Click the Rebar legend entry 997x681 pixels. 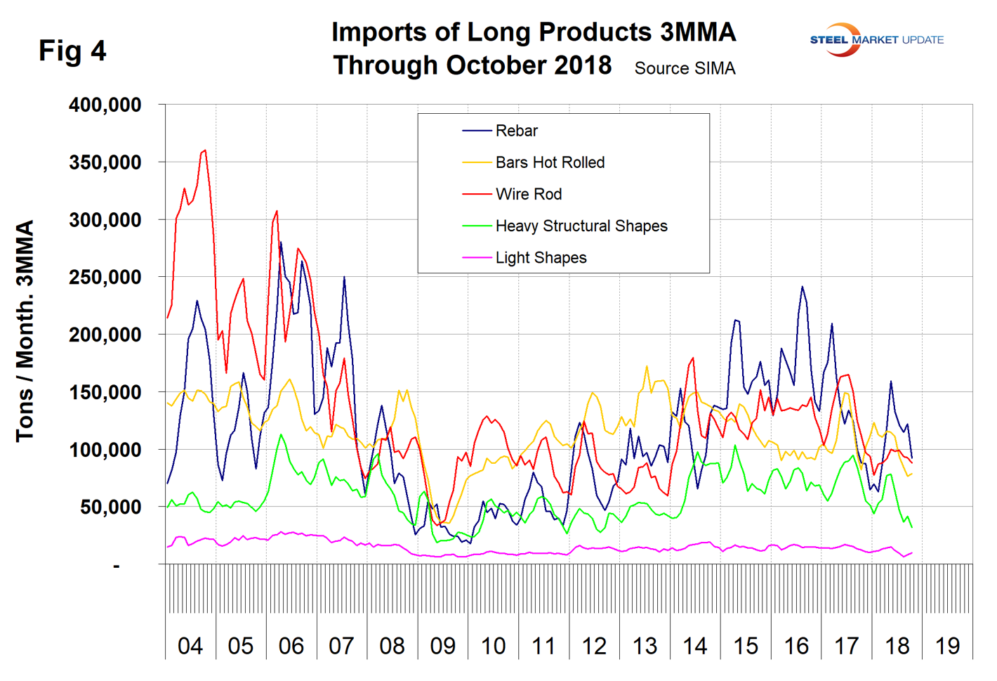point(516,131)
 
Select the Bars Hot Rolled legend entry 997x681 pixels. point(549,162)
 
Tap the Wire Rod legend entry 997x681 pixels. point(528,194)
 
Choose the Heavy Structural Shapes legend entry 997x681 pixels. point(581,226)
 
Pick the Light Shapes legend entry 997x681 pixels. point(541,258)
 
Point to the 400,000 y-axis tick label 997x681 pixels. point(105,105)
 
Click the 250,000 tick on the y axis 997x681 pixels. point(105,277)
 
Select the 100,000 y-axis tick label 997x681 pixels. point(105,450)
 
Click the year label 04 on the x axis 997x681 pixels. point(190,646)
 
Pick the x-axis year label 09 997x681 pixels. point(443,646)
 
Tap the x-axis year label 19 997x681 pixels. point(948,646)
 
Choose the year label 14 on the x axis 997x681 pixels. point(695,646)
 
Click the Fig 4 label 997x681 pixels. point(72,51)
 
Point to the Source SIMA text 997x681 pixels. point(685,68)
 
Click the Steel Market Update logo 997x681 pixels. point(876,40)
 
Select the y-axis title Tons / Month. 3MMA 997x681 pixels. point(25,330)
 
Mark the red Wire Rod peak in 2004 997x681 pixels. point(204,150)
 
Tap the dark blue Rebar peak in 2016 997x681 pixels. point(802,287)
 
